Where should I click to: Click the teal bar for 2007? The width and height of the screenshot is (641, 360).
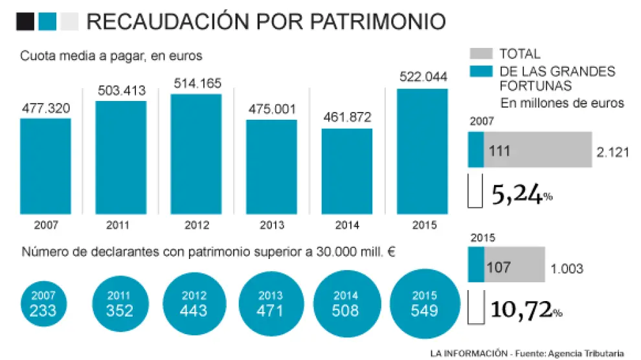[x=45, y=166]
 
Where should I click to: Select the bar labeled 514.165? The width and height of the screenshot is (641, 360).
[x=196, y=153]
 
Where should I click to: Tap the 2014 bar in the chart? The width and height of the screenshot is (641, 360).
[x=346, y=171]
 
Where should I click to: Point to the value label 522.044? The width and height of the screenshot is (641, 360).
[x=422, y=76]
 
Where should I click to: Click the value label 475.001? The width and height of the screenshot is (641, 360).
[x=271, y=108]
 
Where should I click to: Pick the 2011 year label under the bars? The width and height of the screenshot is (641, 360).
[x=120, y=225]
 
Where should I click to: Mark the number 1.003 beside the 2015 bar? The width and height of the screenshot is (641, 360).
[x=567, y=269]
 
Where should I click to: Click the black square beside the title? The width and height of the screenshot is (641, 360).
[x=25, y=22]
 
